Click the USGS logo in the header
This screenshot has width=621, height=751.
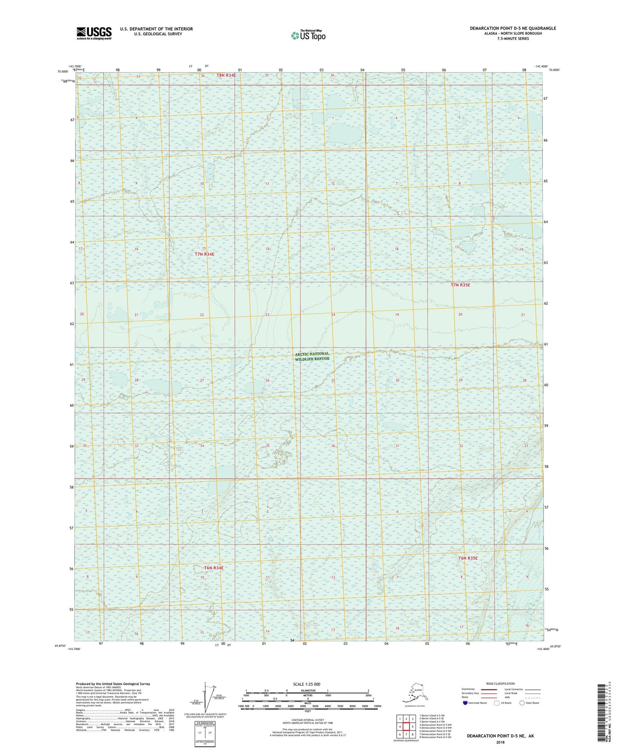pos(94,33)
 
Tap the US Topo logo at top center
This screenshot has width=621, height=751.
pos(308,35)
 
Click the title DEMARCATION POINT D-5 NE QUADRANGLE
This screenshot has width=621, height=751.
pos(512,28)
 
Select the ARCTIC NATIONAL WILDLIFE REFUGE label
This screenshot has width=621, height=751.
pos(312,356)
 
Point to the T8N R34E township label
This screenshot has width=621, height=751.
pos(226,75)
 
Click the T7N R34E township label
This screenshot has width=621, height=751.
pos(204,254)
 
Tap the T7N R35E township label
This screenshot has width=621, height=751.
pos(460,285)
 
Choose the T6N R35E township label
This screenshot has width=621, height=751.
pos(468,558)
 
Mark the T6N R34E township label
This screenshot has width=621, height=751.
pos(214,568)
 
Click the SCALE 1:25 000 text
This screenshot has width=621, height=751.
pos(306,684)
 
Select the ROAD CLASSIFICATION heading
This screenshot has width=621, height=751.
pos(500,683)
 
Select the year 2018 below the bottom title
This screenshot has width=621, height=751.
pos(500,742)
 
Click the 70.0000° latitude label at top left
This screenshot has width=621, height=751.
pos(63,72)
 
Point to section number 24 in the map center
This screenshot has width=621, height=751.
pos(333,315)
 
